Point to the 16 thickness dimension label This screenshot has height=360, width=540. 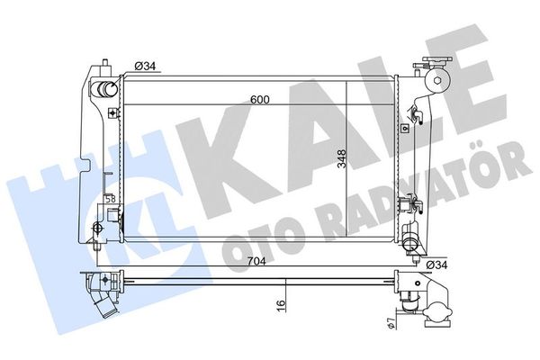282,305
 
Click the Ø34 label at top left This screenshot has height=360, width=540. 146,65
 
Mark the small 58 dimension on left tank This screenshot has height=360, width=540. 109,199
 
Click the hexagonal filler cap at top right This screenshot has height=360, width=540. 437,80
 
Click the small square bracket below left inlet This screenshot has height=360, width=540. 112,113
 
